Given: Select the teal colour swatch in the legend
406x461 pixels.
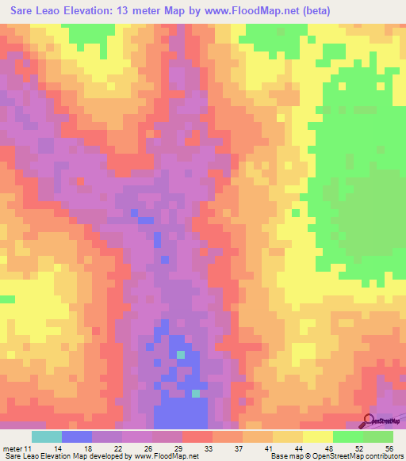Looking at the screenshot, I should click(47, 436).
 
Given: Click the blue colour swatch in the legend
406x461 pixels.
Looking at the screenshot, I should click(77, 436).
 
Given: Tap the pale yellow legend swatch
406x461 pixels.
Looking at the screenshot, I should click(317, 436).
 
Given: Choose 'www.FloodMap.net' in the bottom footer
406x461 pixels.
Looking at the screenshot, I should click(166, 455).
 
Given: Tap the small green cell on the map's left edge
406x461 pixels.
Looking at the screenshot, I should click(7, 299).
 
